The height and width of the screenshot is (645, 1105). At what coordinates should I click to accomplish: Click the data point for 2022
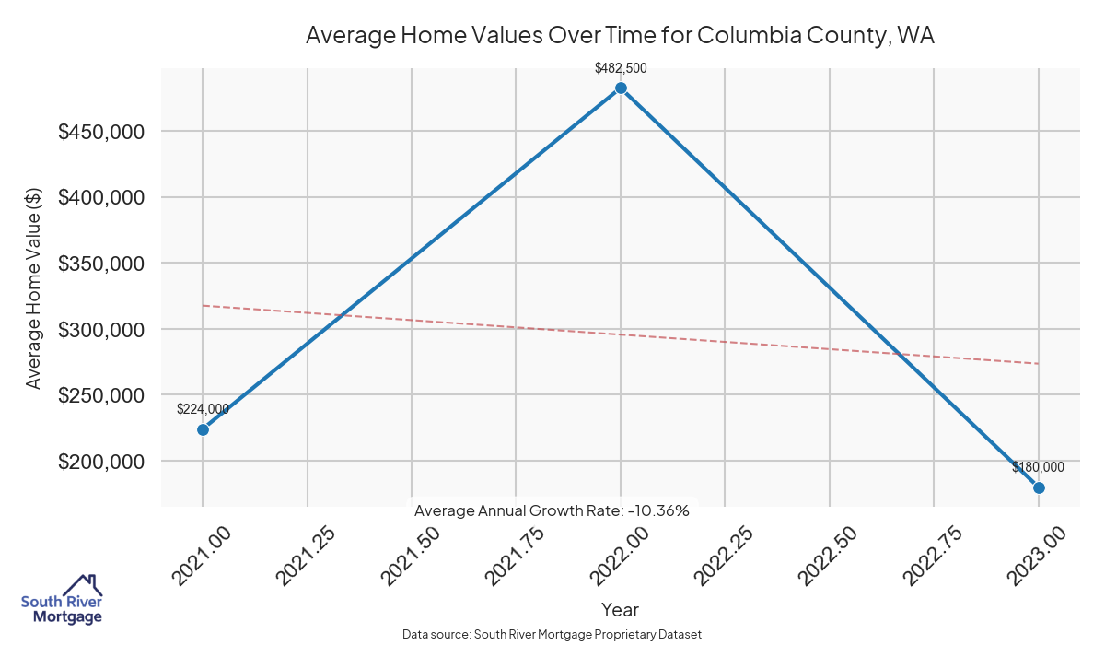pos(621,88)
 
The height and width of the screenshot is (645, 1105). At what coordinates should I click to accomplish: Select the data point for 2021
pos(203,429)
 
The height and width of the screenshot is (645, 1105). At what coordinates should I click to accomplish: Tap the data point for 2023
pos(1039,487)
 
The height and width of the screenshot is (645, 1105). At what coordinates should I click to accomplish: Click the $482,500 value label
pos(621,68)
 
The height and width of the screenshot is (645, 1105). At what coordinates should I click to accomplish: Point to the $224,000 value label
pos(203,409)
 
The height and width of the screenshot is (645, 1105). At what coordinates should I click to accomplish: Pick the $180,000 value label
pos(1038,467)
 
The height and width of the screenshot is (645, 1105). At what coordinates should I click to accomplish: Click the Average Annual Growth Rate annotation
pos(552,510)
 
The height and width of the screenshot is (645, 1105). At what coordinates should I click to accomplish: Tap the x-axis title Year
pos(620,609)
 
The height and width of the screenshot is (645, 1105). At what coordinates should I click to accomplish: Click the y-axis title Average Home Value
pos(34,287)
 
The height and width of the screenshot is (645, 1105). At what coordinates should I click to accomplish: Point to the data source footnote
pos(552,635)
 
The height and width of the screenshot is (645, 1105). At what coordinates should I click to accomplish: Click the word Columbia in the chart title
pos(745,36)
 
